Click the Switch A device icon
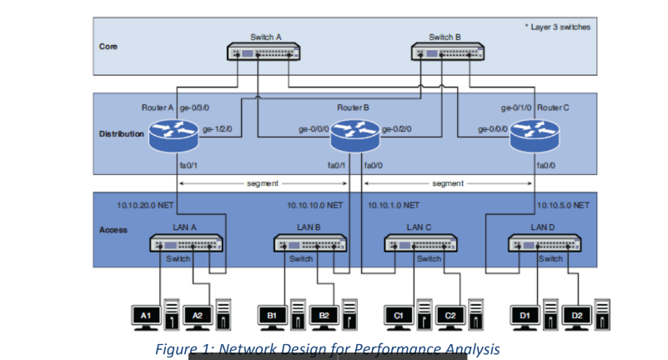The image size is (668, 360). (x=264, y=52)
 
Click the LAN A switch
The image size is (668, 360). (x=185, y=243)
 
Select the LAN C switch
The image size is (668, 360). (x=420, y=243)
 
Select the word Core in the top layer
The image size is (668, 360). (x=108, y=47)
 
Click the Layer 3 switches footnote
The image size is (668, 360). (x=559, y=27)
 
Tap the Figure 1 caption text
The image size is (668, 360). (x=328, y=348)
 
